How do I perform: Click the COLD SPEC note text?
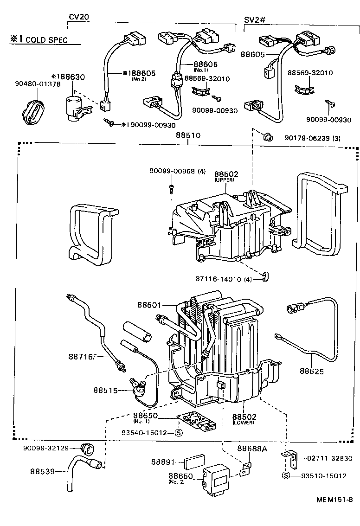(x=46, y=40)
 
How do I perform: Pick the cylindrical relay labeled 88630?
(x=72, y=108)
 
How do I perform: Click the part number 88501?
(x=149, y=305)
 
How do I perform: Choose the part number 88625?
(x=311, y=371)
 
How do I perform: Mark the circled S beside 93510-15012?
(x=286, y=476)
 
